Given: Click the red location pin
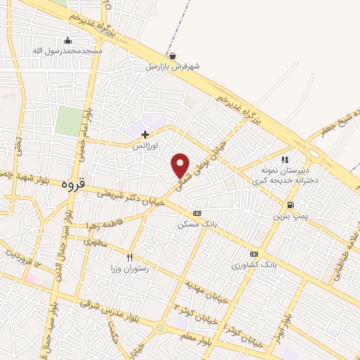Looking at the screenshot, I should pyautogui.click(x=181, y=165).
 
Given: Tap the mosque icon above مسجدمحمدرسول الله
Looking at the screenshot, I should pyautogui.click(x=67, y=40).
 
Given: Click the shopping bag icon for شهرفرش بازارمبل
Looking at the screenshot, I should pyautogui.click(x=173, y=56).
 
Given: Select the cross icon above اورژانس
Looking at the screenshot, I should pyautogui.click(x=146, y=134).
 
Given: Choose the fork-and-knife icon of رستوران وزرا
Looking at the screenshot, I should pyautogui.click(x=129, y=257).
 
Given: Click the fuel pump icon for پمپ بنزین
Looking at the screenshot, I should pyautogui.click(x=290, y=205).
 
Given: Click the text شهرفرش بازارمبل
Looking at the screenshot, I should pyautogui.click(x=173, y=67).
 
